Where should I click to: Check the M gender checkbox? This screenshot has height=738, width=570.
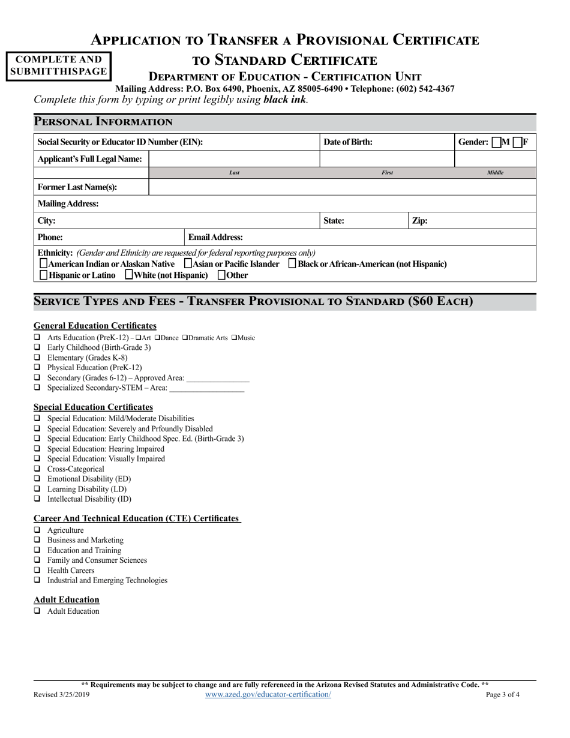tap(496, 143)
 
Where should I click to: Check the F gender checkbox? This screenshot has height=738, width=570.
tap(518, 143)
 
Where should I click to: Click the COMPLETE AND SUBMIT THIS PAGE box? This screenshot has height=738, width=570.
tap(59, 66)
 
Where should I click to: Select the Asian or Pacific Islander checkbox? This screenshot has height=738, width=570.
tap(188, 264)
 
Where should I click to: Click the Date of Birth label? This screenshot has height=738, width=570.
tap(348, 142)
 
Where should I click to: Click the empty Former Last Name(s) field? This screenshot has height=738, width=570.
tap(341, 187)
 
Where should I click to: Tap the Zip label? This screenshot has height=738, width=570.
tap(419, 221)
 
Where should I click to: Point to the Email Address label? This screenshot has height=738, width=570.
tap(215, 238)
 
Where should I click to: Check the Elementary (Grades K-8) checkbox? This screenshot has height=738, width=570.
tap(37, 358)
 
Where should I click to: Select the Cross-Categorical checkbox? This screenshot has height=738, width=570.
tap(37, 469)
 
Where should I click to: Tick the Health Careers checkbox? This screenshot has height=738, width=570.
tap(37, 570)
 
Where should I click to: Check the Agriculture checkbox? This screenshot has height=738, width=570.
tap(37, 530)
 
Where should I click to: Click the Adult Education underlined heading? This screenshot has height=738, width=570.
tap(67, 599)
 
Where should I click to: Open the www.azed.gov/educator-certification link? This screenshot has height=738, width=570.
tap(268, 694)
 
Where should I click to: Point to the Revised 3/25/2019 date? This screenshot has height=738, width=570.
tap(62, 695)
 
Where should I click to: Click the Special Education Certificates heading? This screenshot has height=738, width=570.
tap(93, 407)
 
